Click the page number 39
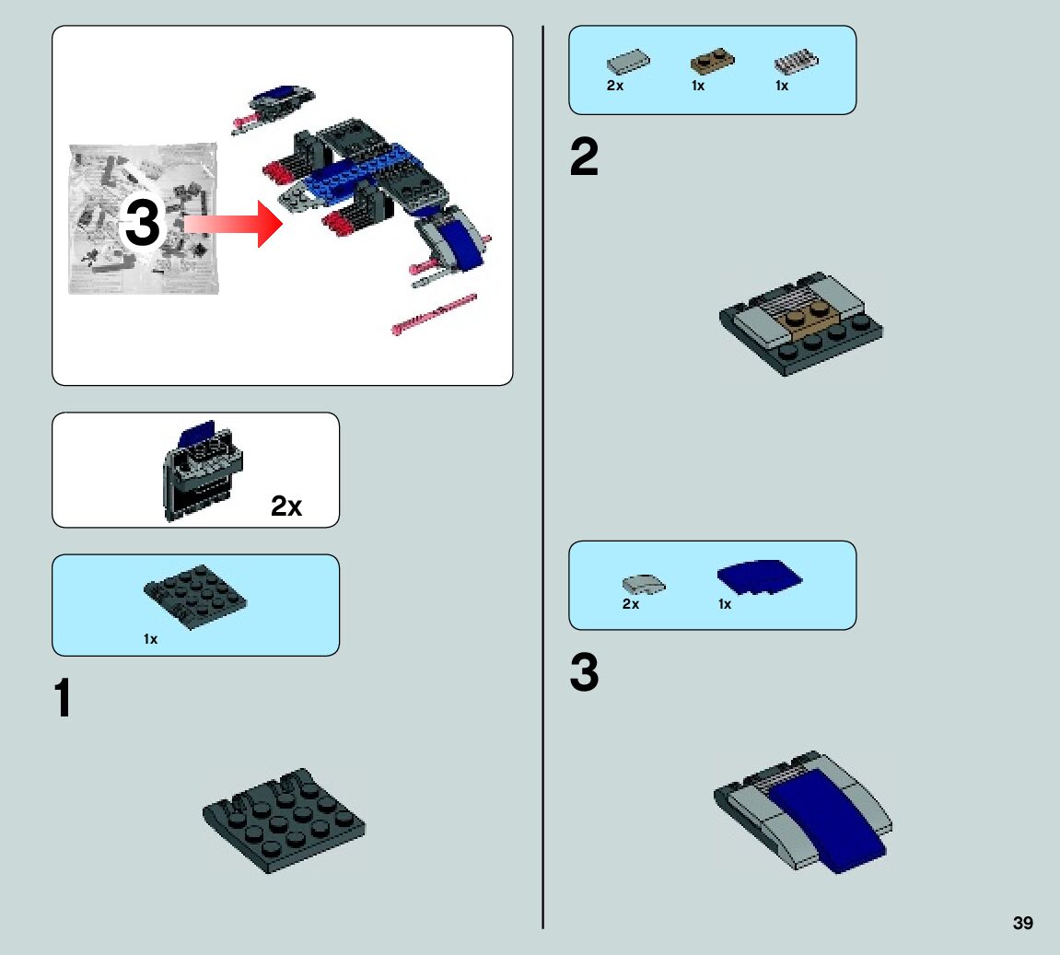coord(1022,923)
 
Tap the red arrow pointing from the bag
coord(233,224)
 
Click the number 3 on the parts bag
coord(143,222)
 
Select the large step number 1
coord(63,697)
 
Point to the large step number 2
coord(584,157)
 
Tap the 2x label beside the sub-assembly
coord(286,506)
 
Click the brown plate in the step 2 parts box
coord(712,61)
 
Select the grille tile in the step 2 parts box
coord(797,62)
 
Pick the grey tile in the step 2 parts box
coord(628,62)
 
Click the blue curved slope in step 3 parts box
coord(759,577)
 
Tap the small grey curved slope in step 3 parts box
coord(644,584)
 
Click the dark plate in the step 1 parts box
coord(195,597)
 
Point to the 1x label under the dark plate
coord(150,639)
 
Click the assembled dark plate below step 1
coord(284,820)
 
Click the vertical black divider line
coord(542,477)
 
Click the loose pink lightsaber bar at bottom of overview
coord(434,314)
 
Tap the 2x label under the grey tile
coord(615,85)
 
